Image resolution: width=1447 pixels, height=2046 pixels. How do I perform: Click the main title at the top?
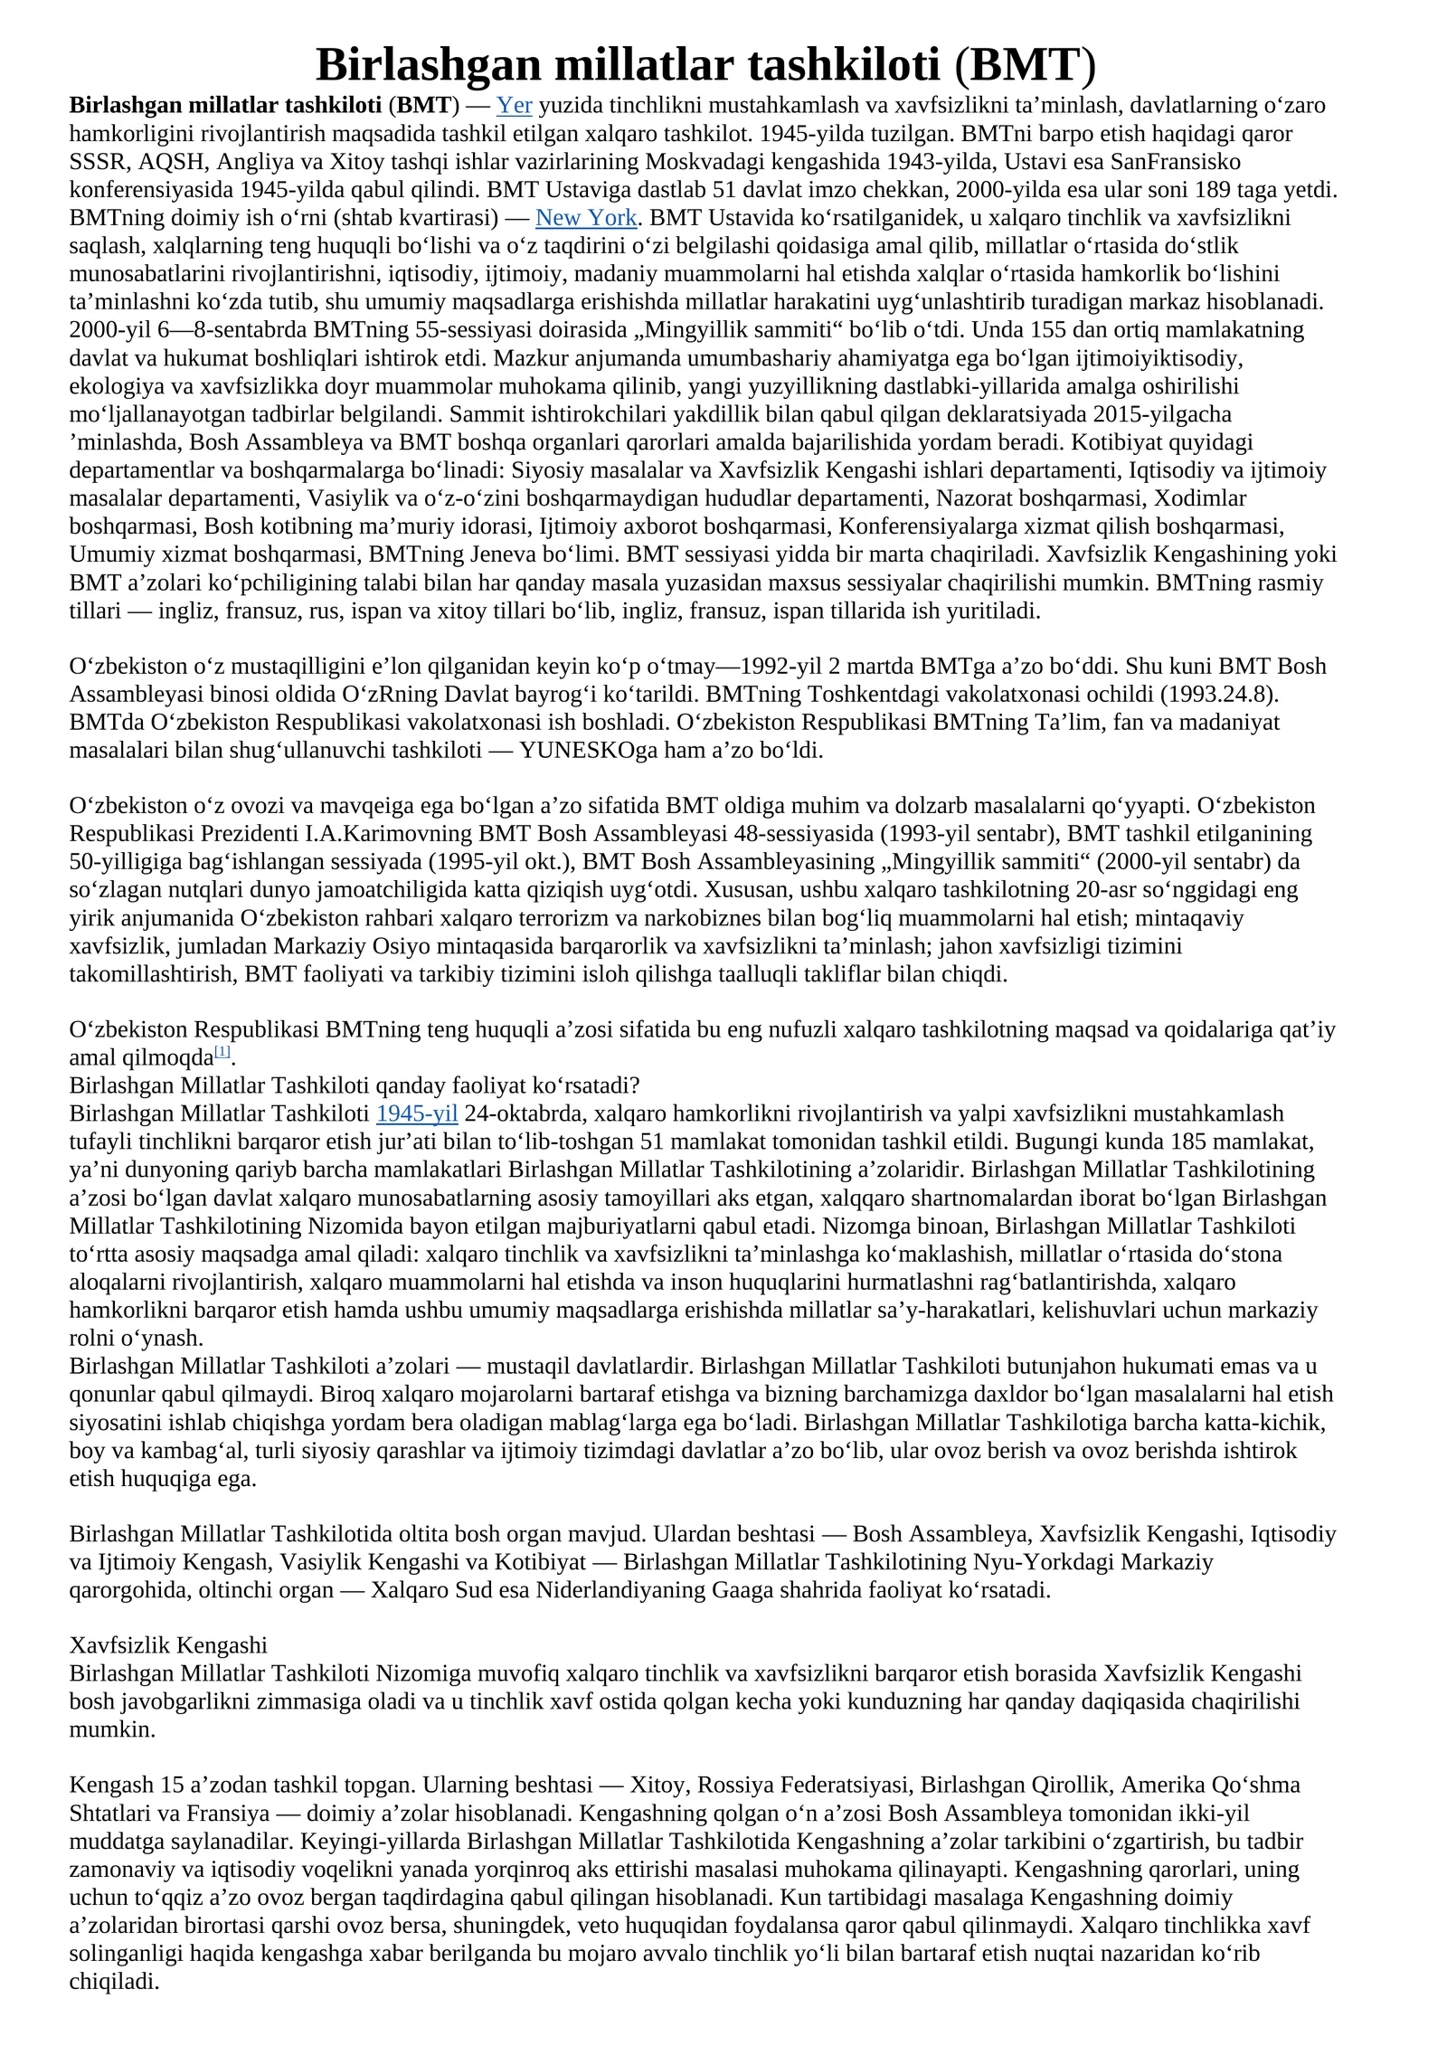point(705,65)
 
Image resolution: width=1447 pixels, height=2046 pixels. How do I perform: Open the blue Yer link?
point(514,106)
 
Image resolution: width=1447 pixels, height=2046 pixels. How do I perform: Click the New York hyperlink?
point(586,218)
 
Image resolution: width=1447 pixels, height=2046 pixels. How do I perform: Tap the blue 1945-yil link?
point(417,1113)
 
